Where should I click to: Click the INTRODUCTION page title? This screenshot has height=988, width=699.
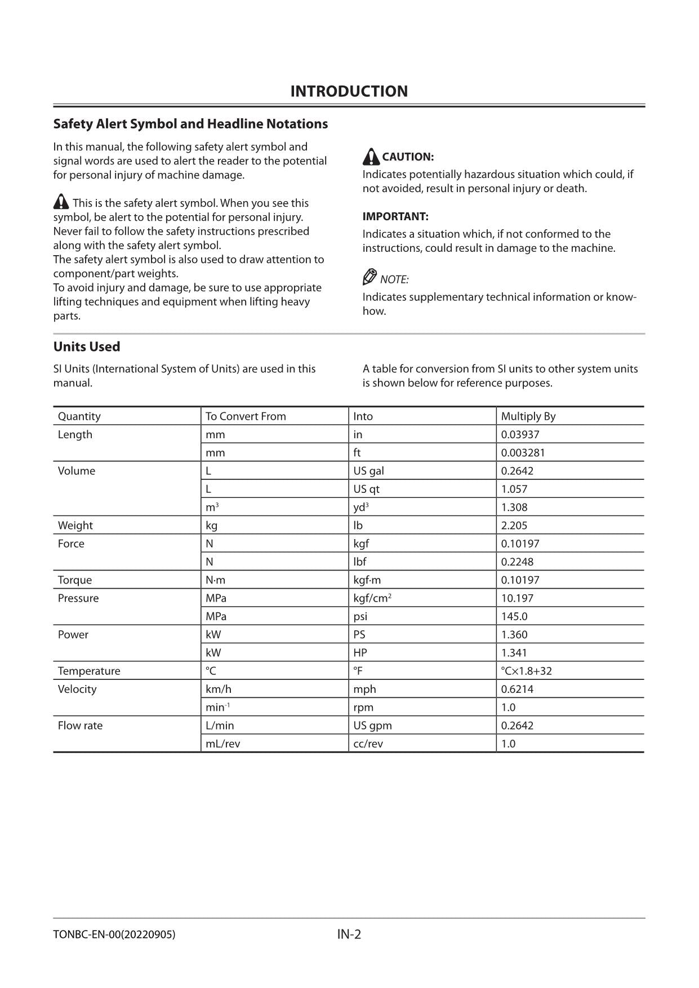(349, 91)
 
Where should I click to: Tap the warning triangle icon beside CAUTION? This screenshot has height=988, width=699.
(371, 157)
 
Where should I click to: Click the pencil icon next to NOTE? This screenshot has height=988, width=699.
(369, 277)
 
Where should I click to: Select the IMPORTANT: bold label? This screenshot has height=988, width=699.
(395, 216)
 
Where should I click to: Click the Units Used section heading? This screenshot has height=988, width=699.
(87, 346)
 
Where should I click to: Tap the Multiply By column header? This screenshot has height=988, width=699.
(528, 416)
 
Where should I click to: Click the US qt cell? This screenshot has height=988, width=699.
(366, 489)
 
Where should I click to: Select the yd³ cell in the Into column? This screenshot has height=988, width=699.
(360, 507)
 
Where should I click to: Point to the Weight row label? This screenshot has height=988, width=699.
(75, 526)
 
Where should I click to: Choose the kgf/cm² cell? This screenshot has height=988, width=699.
(372, 598)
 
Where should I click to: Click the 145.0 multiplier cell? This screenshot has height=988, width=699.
(514, 616)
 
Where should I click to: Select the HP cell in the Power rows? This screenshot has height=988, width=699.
(360, 653)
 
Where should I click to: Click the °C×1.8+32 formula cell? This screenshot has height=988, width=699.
(526, 671)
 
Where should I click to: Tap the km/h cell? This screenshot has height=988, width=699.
(218, 689)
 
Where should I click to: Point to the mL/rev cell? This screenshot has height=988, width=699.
(222, 744)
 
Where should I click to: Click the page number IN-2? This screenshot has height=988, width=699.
(349, 934)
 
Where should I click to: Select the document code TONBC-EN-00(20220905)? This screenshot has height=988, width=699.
(114, 934)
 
